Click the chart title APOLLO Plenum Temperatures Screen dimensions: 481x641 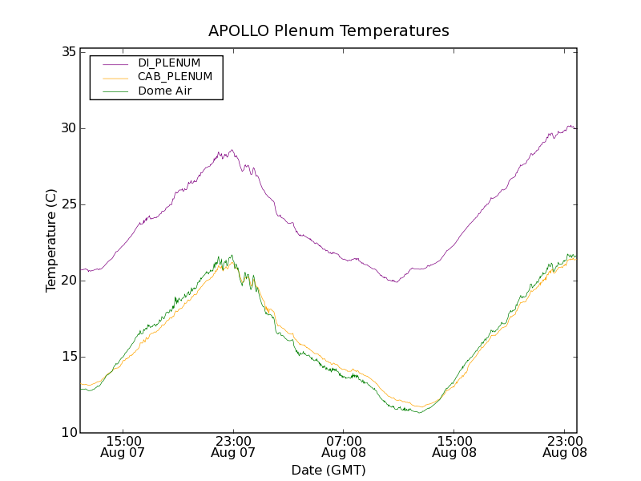tap(329, 31)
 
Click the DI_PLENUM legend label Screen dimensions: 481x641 tap(169, 63)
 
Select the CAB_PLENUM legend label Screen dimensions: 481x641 tap(175, 77)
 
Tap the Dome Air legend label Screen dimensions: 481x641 tap(165, 91)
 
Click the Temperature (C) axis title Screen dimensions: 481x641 tap(51, 240)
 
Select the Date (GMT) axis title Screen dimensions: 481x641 tap(329, 470)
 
